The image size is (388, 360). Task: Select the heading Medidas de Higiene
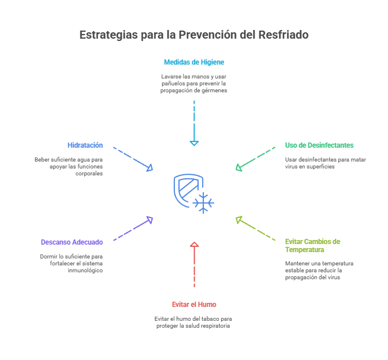coord(194,62)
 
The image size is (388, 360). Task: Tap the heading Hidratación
coord(85,145)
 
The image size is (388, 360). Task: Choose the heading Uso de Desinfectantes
coord(319,145)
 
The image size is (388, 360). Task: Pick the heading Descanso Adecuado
coord(72,242)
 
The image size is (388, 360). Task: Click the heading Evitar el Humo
coord(194,304)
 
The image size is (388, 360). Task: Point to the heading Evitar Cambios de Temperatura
coord(312,246)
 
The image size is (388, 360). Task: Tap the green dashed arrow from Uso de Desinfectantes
coord(255,158)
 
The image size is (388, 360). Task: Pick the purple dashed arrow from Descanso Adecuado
coord(133,229)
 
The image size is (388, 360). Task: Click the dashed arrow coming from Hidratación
coord(133,158)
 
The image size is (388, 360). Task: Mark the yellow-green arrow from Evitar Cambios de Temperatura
coord(255,229)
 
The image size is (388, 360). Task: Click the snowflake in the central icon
coord(203,202)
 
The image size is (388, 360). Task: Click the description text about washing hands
coord(194,84)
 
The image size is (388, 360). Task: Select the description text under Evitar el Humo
coord(194,322)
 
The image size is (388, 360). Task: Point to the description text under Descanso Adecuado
coord(72,263)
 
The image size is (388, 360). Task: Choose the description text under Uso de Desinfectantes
coord(318,163)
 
